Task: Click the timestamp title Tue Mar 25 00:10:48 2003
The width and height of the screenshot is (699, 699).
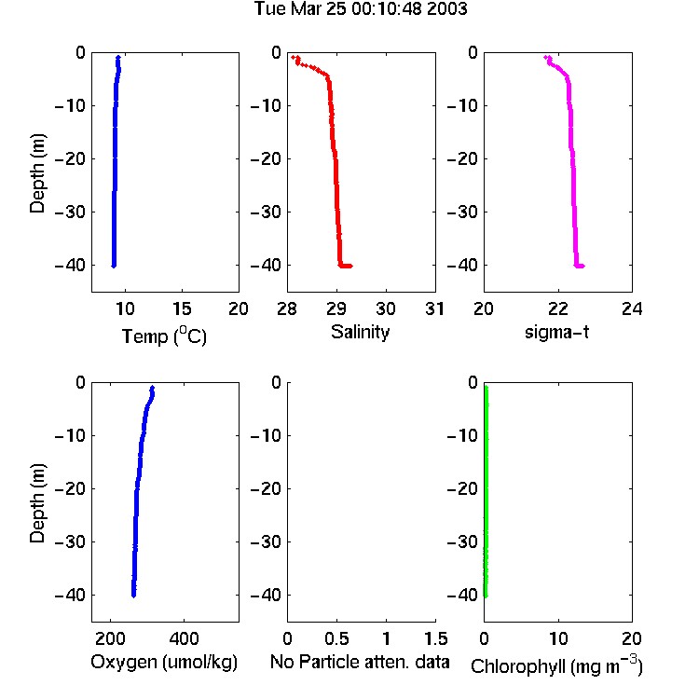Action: tap(360, 8)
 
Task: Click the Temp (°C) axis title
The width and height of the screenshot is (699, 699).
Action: tap(164, 336)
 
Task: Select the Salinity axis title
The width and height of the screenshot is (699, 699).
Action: tap(360, 332)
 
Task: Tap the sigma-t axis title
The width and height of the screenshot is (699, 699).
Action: tap(556, 332)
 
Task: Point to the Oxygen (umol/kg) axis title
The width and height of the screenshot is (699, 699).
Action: tap(164, 662)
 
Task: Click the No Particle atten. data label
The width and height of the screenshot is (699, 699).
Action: tap(360, 662)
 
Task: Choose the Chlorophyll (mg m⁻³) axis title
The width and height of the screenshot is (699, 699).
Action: tap(556, 665)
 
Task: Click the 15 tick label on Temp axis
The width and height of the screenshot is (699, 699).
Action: tap(182, 308)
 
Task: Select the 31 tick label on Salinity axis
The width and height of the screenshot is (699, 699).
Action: tap(434, 308)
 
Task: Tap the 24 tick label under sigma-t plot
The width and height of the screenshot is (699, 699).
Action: tap(632, 308)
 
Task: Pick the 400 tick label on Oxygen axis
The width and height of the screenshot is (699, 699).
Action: tap(184, 638)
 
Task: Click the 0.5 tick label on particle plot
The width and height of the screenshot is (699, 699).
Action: tap(336, 638)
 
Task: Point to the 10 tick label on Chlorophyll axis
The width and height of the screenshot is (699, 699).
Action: tap(557, 638)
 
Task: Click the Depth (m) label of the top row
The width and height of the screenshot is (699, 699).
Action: tap(37, 173)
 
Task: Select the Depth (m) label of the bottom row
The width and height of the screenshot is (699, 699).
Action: tap(37, 503)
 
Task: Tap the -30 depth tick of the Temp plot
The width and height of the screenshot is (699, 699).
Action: tap(70, 212)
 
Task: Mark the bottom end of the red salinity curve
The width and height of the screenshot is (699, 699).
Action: tap(351, 267)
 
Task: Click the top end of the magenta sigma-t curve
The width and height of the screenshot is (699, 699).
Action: tap(545, 57)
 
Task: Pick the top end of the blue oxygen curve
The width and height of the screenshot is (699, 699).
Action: tap(153, 388)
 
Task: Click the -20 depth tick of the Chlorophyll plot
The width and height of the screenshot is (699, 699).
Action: tap(462, 488)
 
